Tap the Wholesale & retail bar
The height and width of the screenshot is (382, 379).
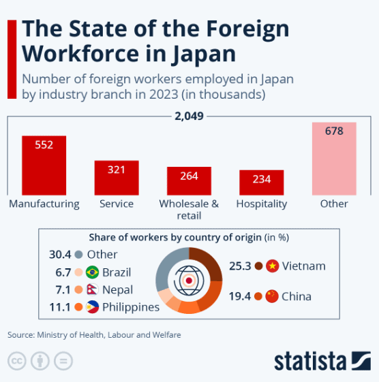point(189,181)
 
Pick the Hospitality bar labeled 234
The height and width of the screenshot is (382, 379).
point(261,182)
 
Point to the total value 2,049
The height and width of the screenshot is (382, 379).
point(189,116)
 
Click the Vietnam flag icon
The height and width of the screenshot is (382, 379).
point(273,266)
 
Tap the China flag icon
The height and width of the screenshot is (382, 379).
point(272,296)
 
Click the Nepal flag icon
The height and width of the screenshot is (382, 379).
point(93,290)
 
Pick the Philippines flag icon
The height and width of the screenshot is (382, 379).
point(93,307)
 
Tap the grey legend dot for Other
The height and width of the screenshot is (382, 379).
point(79,255)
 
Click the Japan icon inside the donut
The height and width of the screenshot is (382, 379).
point(189,280)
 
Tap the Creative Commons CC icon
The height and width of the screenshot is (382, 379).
point(16,360)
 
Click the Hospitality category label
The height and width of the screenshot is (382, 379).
point(261,204)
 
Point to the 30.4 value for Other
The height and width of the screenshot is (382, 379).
point(61,255)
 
